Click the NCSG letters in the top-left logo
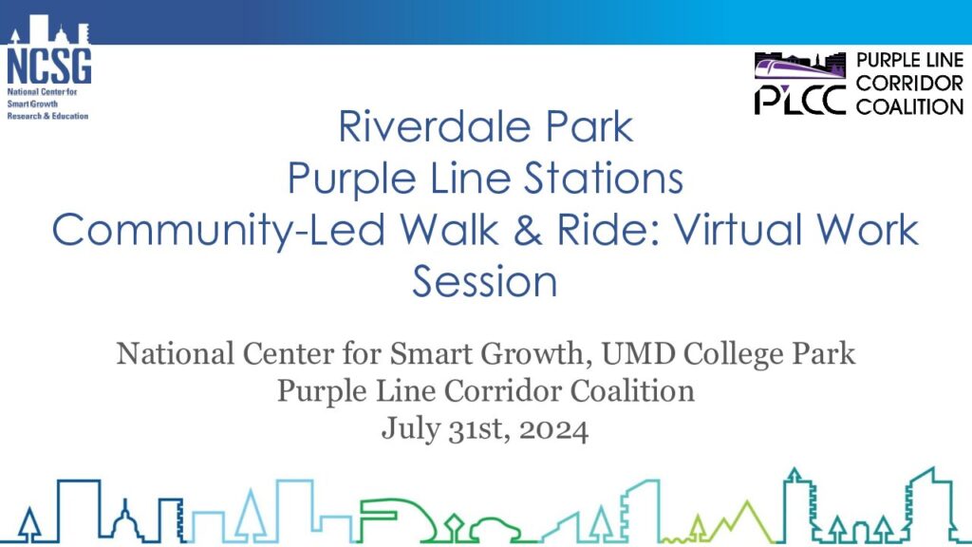[49, 66]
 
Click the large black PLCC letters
[799, 100]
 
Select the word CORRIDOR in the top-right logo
[909, 84]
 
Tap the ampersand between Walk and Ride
[528, 230]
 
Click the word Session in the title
[485, 281]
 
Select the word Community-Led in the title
[218, 230]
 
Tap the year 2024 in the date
[553, 429]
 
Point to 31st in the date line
[480, 429]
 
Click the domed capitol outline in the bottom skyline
[126, 519]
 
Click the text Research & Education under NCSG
[47, 116]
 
